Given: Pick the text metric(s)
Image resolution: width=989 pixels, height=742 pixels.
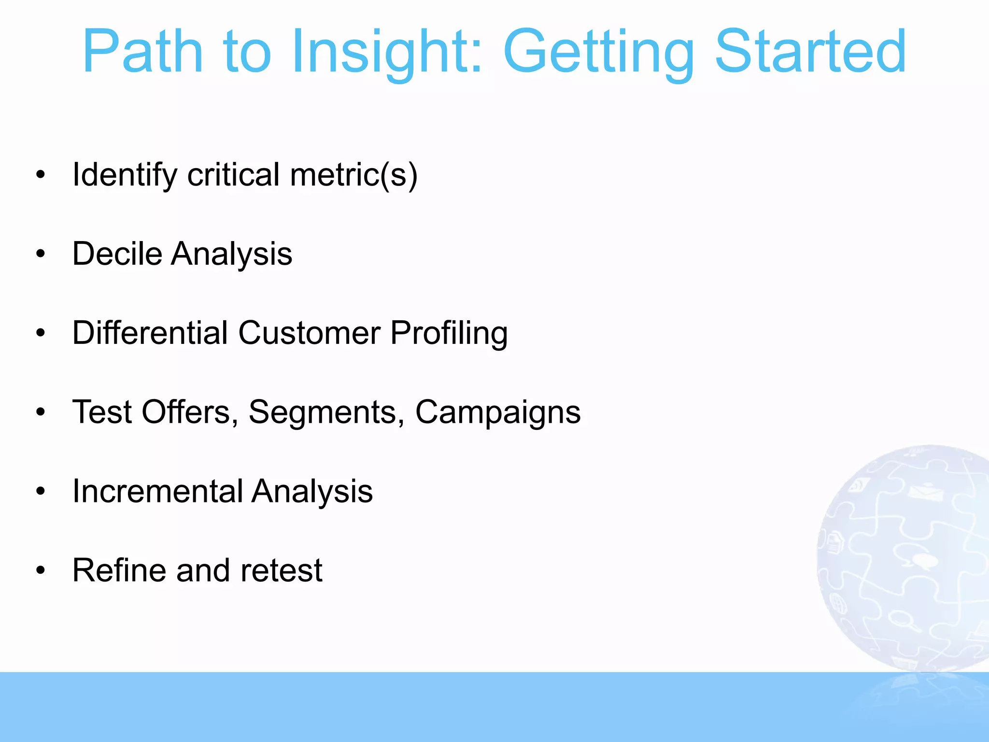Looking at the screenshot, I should (353, 175).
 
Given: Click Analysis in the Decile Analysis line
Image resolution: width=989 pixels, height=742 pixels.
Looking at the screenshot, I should (231, 255).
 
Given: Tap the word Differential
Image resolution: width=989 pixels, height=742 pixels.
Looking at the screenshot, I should (150, 333).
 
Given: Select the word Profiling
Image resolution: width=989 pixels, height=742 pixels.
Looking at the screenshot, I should (449, 334).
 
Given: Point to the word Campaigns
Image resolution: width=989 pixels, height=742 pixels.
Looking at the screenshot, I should (498, 413).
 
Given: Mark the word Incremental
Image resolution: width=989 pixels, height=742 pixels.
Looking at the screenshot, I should (157, 491).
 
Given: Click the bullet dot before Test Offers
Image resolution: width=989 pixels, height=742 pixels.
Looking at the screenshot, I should (41, 413).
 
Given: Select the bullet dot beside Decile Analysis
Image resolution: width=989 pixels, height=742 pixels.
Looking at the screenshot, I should (41, 254).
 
